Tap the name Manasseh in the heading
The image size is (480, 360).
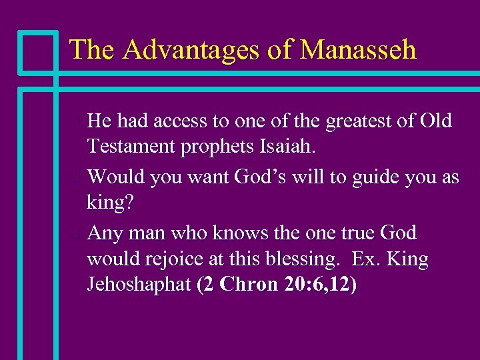(358, 49)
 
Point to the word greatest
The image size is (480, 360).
(348, 121)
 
